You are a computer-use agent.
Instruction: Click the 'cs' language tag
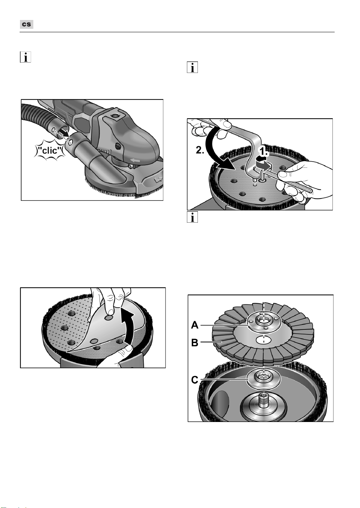[x=27, y=24]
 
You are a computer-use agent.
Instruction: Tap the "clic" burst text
[x=49, y=150]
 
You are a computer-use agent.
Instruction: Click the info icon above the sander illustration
[x=25, y=57]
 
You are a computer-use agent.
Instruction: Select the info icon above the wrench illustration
[x=192, y=67]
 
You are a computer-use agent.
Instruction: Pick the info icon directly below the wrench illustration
[x=192, y=217]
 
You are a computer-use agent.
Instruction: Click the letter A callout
[x=195, y=325]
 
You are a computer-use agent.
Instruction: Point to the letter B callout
[x=195, y=343]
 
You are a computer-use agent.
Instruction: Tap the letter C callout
[x=195, y=380]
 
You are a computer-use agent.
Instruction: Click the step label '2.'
[x=200, y=151]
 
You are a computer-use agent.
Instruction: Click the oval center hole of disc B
[x=264, y=340]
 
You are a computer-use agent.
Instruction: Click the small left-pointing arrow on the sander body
[x=135, y=161]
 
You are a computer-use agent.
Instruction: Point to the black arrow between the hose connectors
[x=64, y=133]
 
